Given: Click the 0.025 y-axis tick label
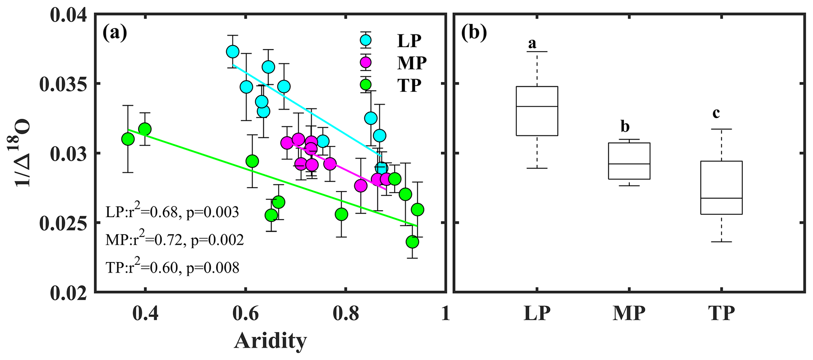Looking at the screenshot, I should point(64,223).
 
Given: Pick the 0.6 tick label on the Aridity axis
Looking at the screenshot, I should point(245,314).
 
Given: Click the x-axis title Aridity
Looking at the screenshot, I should point(270,341).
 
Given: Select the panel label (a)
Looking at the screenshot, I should point(114,33).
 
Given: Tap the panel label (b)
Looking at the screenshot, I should point(474,33).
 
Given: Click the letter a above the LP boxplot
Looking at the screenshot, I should point(532,43).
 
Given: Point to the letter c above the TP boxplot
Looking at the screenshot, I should point(716,113).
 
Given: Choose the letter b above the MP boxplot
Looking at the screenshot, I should point(625,127).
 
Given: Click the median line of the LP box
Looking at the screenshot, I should point(537,106).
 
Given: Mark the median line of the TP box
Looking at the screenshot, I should point(721,198).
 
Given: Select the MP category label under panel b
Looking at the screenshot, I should point(629,314).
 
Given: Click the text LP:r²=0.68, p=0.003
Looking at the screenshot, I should point(172,212).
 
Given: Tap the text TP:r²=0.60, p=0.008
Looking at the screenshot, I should point(172,268).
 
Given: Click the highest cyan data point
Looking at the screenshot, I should point(233,52).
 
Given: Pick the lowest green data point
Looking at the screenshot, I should point(412,242).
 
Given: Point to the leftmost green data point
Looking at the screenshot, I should point(128,139).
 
